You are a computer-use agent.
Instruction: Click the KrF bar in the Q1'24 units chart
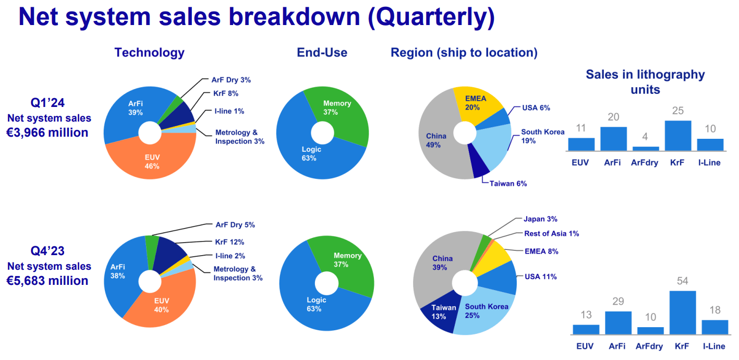[677, 136]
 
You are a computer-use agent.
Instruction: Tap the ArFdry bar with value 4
[645, 149]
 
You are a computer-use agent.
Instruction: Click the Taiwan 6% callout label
[508, 184]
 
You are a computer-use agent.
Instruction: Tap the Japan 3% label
[540, 219]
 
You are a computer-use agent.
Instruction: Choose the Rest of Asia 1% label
[551, 234]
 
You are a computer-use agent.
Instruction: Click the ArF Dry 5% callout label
[235, 225]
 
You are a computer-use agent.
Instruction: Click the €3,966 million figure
[47, 133]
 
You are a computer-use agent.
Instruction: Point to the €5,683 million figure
[47, 281]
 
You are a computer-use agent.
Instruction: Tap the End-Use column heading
[322, 52]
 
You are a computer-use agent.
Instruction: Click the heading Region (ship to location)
[464, 52]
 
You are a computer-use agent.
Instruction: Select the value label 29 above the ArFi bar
[617, 302]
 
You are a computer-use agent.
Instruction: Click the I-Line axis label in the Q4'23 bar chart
[714, 346]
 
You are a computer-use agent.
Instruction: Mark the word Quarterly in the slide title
[431, 17]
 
